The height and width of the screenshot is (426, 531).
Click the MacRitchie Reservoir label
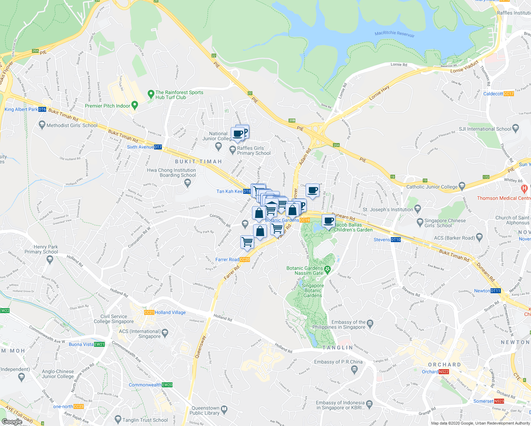point(394,34)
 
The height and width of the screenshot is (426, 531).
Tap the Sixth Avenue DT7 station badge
point(158,147)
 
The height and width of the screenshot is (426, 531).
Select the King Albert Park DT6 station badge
point(42,109)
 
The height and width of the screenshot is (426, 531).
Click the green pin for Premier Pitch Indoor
point(135,105)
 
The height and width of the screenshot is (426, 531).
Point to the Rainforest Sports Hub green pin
point(150,94)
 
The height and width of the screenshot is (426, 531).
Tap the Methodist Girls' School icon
point(42,125)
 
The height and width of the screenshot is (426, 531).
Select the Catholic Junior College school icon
point(462,186)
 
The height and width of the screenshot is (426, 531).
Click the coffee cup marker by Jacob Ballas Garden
point(329,221)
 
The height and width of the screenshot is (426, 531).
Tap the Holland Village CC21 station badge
point(149,312)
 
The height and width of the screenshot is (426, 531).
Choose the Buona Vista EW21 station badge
point(99,344)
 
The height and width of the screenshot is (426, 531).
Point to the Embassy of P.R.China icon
point(354,370)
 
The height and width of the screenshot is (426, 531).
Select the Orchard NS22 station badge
point(444,372)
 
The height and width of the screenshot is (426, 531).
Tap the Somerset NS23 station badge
point(499,401)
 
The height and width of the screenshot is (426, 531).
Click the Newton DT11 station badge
point(496,291)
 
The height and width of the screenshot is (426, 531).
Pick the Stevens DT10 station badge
point(396,240)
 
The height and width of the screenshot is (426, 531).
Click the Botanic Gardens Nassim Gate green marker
point(327,270)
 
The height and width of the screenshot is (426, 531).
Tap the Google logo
point(12,422)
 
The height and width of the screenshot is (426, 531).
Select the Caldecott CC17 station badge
point(509,94)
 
